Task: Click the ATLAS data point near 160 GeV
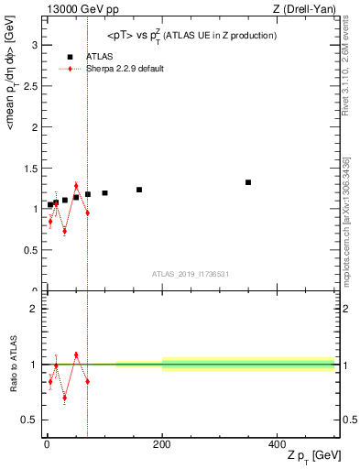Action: click(139, 190)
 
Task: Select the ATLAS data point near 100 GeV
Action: click(105, 193)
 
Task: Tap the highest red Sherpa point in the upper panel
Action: click(76, 186)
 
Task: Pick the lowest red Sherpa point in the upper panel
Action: click(64, 231)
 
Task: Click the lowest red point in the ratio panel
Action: click(64, 398)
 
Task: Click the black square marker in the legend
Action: click(70, 57)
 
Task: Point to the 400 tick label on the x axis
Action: click(277, 443)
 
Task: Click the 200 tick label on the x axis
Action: click(162, 443)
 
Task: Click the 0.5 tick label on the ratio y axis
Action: click(30, 420)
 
